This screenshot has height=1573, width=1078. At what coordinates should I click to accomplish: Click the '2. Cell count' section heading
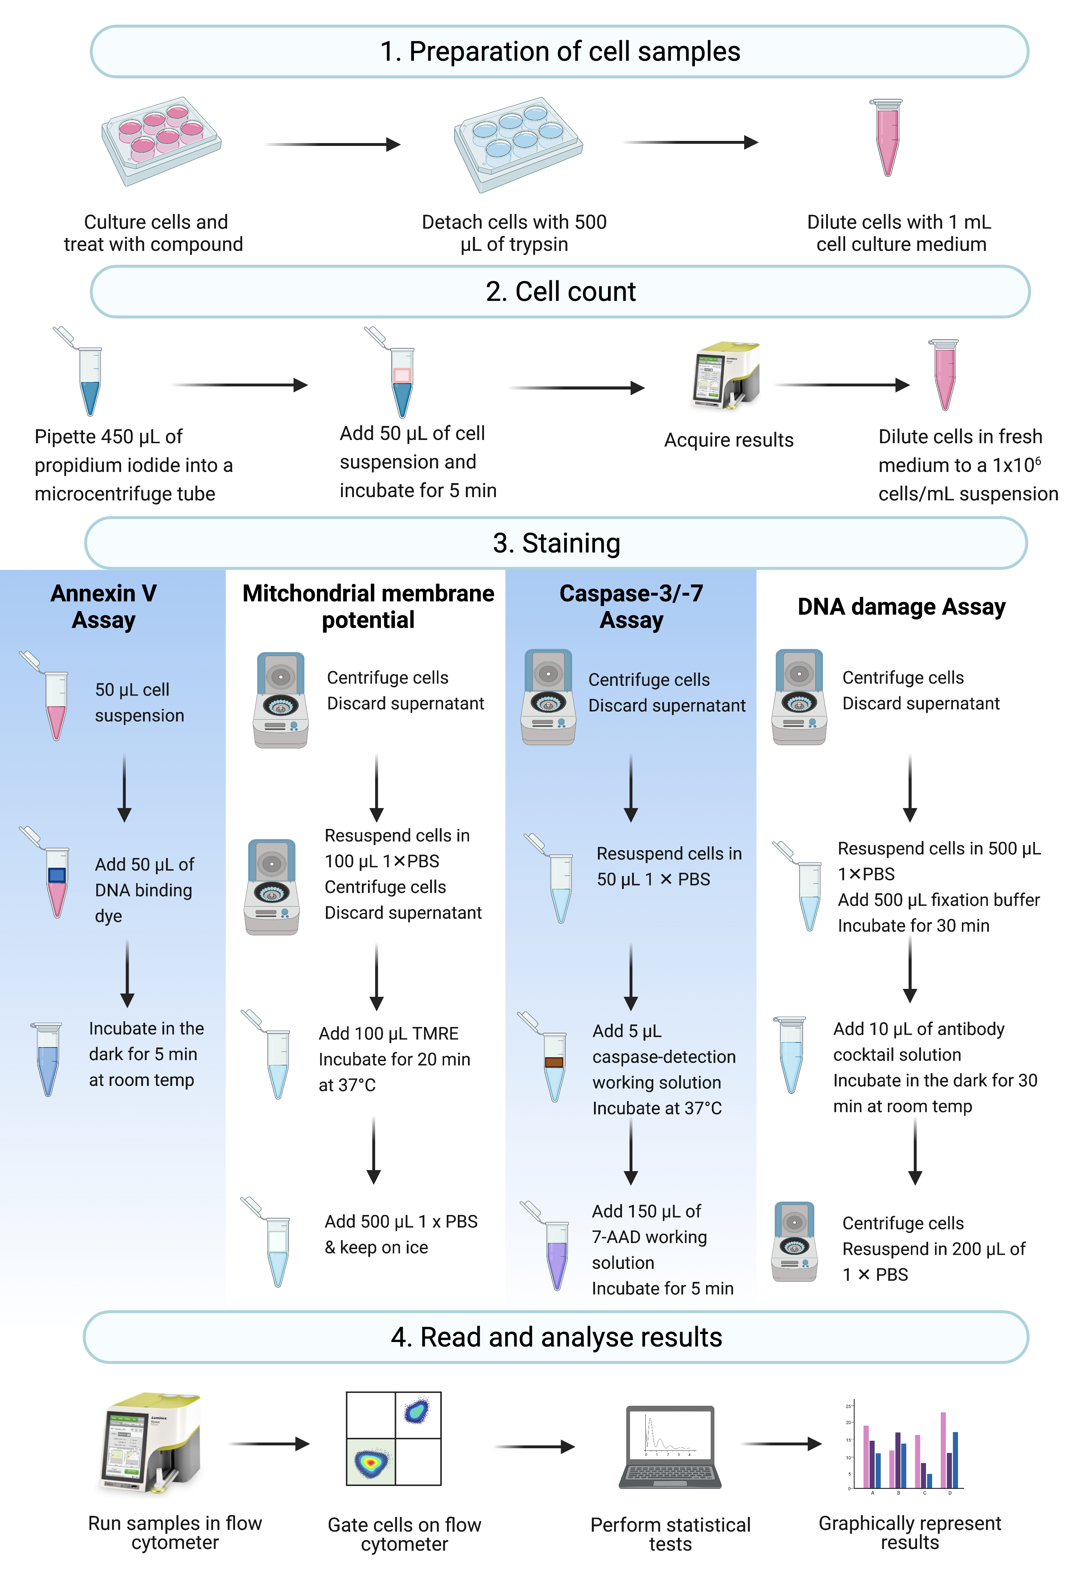560,292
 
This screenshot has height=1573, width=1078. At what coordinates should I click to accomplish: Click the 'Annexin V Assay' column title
103,606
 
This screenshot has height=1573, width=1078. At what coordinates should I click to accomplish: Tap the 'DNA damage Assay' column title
901,607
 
